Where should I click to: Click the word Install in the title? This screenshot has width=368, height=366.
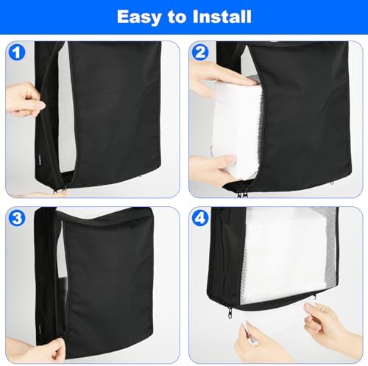[222, 16]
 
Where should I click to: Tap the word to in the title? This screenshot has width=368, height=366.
[177, 17]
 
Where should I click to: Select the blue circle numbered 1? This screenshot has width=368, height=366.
[17, 52]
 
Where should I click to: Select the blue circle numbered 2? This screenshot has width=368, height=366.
[200, 52]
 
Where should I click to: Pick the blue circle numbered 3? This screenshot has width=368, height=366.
[17, 218]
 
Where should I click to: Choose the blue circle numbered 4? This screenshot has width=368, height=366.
[200, 218]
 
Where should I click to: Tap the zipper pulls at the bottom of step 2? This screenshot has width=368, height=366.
[242, 194]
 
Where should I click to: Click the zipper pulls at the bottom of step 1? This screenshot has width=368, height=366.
[60, 190]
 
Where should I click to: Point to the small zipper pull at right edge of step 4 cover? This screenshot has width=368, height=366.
[314, 298]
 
